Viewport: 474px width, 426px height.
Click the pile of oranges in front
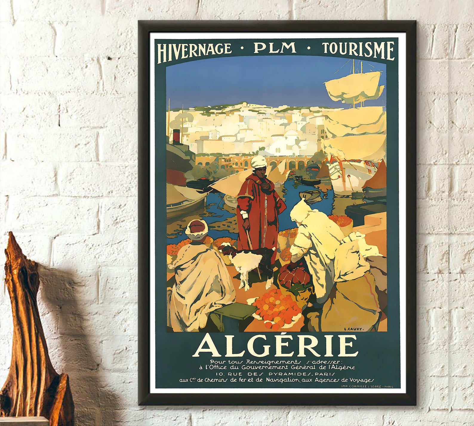coord(276,308)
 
